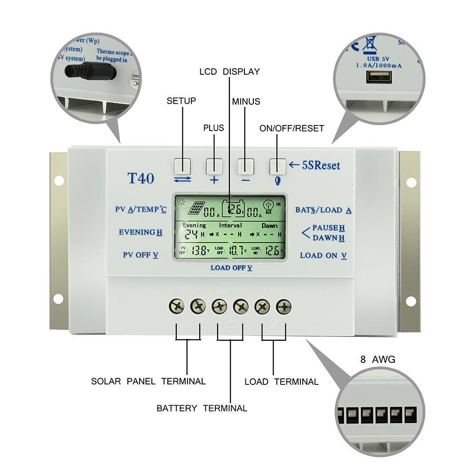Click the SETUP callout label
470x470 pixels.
click(x=181, y=101)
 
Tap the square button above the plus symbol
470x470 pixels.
click(x=214, y=165)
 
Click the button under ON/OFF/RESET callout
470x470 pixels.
click(x=277, y=165)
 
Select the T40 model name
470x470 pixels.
click(x=141, y=179)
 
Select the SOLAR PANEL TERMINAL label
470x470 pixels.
click(x=149, y=381)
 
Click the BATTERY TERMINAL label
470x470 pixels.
click(x=202, y=408)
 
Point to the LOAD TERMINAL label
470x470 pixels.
click(x=282, y=382)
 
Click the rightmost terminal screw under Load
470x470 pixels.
click(x=283, y=306)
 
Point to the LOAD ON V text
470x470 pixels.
click(x=323, y=256)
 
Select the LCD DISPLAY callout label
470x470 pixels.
click(x=229, y=72)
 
